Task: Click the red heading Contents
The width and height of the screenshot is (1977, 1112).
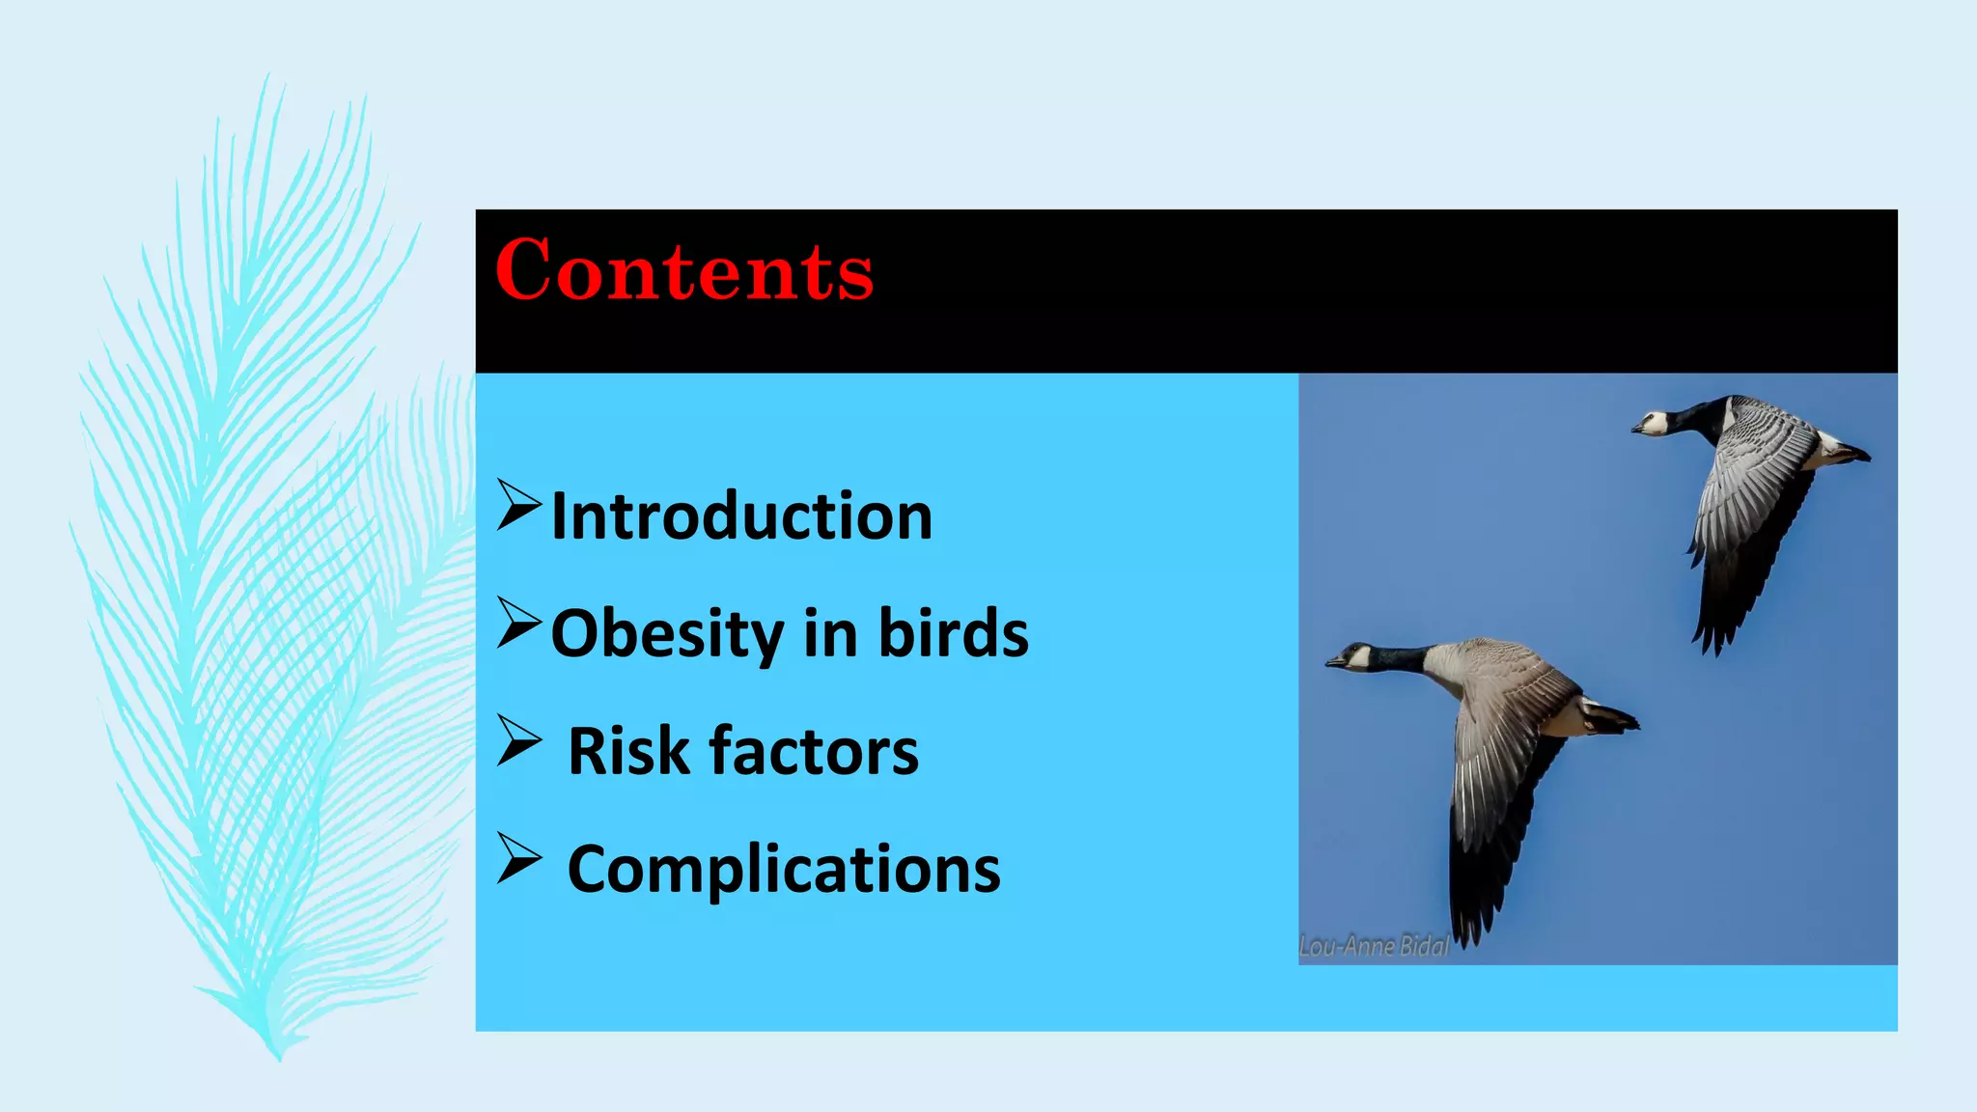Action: coord(684,271)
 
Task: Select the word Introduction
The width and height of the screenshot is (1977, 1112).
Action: coord(741,516)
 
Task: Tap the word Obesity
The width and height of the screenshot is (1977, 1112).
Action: coord(667,634)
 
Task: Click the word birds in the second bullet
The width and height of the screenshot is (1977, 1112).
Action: coord(953,634)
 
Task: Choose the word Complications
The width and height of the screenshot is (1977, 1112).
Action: coord(784,870)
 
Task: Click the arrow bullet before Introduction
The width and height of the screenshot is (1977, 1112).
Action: coord(518,506)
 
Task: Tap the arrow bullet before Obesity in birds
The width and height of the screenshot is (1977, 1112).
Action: coord(518,623)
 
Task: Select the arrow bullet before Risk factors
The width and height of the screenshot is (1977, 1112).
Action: coord(518,741)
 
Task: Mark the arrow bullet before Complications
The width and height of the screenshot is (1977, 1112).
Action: coord(518,859)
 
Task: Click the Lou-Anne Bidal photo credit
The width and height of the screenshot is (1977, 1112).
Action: coord(1374,947)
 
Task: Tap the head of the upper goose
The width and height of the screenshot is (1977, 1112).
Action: coord(1653,424)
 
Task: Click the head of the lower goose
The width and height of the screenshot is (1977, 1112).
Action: coord(1351,658)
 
